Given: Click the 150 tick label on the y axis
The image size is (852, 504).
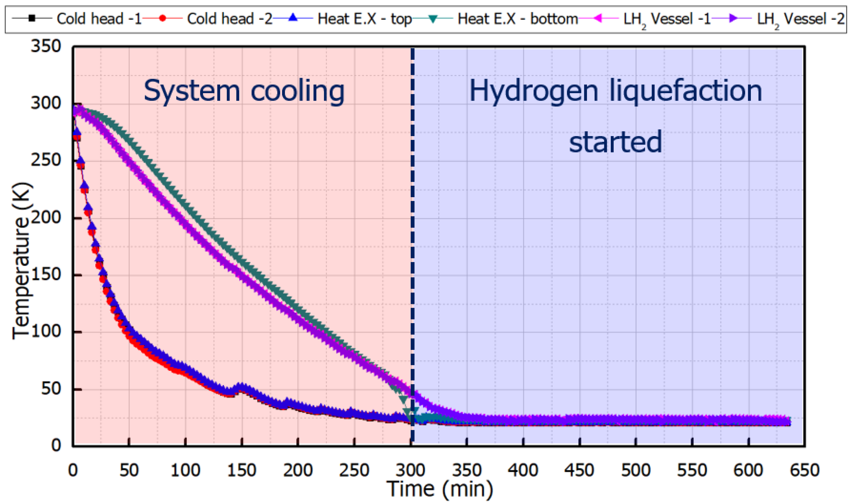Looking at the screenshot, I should pos(45,275).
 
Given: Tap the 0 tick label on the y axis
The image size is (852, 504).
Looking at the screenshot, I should pos(56,445).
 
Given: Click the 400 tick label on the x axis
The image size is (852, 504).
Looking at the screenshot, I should pos(523,471).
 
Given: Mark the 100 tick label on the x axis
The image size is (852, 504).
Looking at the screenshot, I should pos(185,471).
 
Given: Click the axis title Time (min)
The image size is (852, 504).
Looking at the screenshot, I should pos(440,489).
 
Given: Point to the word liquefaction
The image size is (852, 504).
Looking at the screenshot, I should pos(686,92).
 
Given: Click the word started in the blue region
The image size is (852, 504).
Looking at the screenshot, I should pos(615,142).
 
